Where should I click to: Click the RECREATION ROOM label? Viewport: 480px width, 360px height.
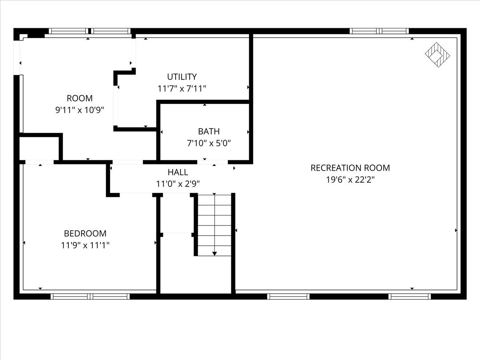click(350, 168)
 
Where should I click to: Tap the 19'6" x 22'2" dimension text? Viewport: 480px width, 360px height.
click(350, 180)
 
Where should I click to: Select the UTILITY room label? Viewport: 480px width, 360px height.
click(182, 77)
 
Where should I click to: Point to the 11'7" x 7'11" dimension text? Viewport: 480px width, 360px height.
click(182, 88)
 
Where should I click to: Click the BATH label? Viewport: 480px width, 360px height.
click(209, 131)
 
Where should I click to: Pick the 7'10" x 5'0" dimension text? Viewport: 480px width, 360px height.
click(209, 143)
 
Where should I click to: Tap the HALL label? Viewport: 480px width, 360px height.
click(178, 172)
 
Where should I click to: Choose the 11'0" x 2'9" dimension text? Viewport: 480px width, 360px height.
click(178, 184)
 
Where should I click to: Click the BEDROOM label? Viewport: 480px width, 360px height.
click(85, 233)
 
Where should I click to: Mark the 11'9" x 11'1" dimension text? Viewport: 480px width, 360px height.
click(85, 245)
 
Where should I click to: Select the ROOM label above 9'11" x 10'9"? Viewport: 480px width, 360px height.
click(80, 98)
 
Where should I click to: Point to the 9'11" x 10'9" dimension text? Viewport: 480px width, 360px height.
click(80, 110)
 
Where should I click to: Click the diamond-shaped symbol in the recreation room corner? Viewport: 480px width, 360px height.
click(437, 55)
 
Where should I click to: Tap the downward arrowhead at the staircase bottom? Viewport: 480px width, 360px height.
click(215, 253)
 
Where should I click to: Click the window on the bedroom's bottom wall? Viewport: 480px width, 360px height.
click(90, 296)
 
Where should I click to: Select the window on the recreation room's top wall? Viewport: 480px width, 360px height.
click(379, 31)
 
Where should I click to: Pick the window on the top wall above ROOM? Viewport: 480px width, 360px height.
click(90, 31)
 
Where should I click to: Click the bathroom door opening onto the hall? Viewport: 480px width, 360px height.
click(213, 162)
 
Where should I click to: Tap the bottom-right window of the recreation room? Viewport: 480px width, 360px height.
click(410, 296)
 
